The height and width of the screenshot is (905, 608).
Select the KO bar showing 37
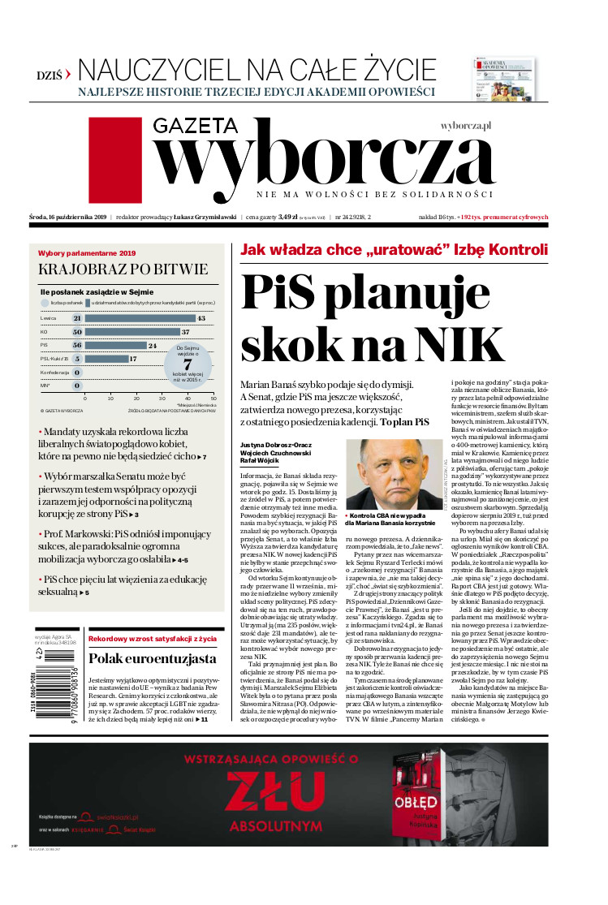coord(132,332)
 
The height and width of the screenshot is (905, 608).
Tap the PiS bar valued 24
coord(115,345)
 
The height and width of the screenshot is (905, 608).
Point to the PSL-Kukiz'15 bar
coord(106,358)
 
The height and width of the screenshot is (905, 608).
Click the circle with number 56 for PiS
coord(77,345)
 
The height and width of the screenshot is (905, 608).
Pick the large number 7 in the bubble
coord(187,364)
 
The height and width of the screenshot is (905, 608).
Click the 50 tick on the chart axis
coord(213,399)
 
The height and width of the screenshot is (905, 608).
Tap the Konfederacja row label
coord(54,372)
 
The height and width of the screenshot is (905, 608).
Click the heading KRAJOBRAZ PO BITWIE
coord(123,269)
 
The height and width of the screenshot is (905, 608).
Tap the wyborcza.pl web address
coord(467,127)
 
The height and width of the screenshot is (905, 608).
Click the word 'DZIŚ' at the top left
coord(50,73)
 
